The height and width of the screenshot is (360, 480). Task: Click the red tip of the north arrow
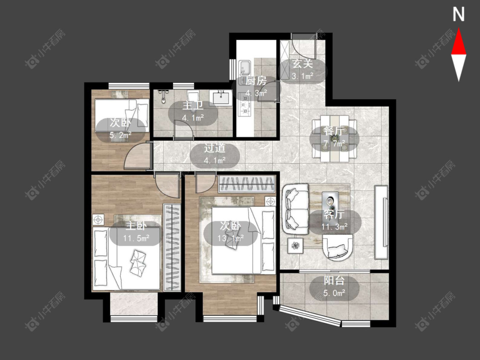459,29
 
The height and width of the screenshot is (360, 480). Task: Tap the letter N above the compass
459,15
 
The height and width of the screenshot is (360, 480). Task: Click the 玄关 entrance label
303,64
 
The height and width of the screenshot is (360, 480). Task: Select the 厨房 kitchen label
256,81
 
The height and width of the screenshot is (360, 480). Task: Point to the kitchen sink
244,68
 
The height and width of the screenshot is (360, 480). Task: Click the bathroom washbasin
221,98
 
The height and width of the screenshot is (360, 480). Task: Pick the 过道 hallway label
215,148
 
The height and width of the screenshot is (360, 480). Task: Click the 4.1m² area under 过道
215,160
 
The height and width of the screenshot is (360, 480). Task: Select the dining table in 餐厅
334,138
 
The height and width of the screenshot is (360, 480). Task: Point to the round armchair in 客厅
337,247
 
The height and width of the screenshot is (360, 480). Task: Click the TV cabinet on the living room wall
381,222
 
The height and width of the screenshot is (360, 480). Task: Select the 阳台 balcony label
334,281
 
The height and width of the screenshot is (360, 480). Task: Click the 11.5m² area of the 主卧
136,238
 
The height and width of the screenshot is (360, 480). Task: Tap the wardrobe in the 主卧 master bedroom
172,247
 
